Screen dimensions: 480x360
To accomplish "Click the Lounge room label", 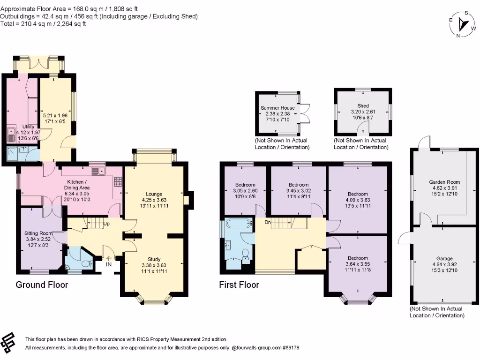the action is coord(154,194).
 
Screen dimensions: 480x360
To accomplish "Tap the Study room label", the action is coord(154,259).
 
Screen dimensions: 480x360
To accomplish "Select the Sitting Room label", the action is coord(38,233).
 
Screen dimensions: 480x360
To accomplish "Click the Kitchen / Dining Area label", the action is coord(77,185).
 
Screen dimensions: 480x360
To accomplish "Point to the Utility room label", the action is coord(28,127).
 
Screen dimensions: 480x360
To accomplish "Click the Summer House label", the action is coord(277,108).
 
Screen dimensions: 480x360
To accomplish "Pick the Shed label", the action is coord(363,106).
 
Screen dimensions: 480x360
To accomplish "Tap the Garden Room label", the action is coord(444,182).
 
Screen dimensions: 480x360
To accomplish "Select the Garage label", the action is coord(444,258).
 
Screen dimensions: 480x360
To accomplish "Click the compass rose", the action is coord(463,24).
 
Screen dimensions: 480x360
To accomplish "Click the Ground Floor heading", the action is coord(42,285).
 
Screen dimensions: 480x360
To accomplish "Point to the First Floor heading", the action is coord(239,285).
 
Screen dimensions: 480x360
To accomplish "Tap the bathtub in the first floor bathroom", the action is coord(239,223).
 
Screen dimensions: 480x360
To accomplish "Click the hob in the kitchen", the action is coord(118,182).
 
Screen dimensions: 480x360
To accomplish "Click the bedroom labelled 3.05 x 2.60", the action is coord(245,190).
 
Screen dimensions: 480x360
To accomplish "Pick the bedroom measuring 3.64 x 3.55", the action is coord(358,264).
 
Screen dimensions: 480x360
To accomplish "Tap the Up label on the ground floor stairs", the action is coord(106,224).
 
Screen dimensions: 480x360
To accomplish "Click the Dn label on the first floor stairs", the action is coord(268,222).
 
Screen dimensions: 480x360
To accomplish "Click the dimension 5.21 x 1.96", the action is coord(55,115).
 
